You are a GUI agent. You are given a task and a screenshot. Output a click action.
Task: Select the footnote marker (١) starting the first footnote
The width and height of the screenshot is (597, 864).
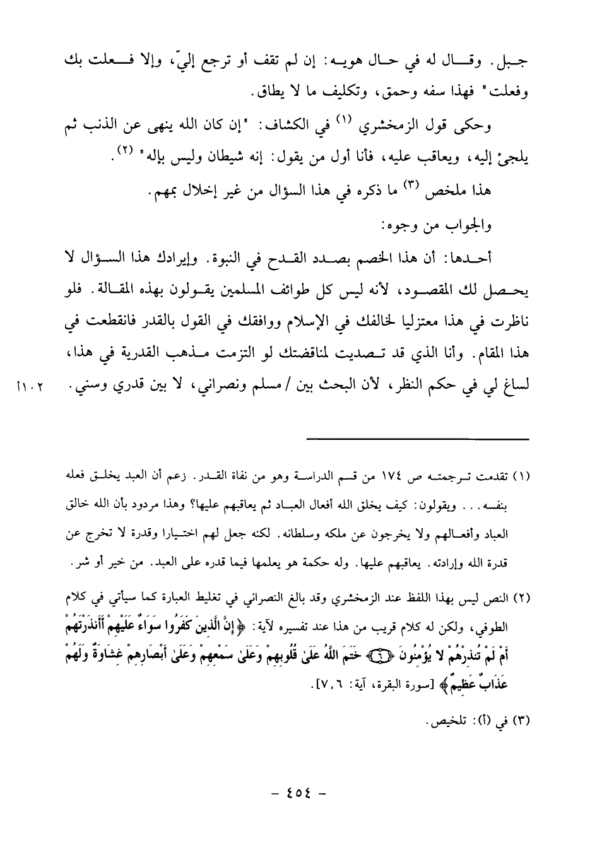pyautogui.click(x=519, y=475)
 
